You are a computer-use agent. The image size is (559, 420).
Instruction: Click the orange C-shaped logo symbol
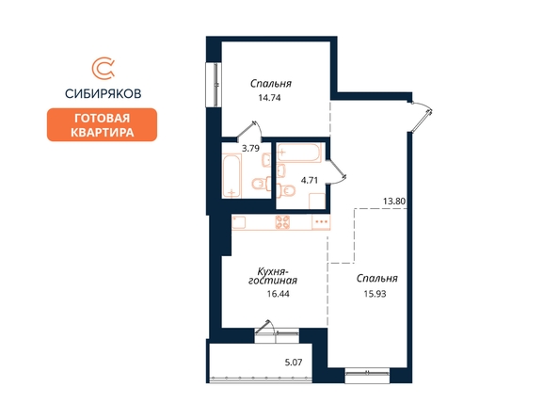103,69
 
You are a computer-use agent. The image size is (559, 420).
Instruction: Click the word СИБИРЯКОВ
103,93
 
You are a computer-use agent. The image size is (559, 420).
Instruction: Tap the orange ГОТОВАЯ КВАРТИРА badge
102,125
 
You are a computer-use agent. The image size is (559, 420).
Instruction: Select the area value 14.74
269,98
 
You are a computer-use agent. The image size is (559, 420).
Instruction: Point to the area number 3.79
250,148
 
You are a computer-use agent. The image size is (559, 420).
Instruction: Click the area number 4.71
309,180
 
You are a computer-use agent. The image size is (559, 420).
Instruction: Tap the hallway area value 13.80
394,202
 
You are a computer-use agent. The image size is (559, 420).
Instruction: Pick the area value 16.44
278,294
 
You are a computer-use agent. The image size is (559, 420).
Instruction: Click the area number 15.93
375,294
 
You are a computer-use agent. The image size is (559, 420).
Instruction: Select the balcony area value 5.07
294,363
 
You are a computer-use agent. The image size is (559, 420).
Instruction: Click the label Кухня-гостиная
273,276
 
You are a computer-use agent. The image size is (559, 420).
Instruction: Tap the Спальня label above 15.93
376,279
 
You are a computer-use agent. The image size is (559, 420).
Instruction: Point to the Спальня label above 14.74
271,84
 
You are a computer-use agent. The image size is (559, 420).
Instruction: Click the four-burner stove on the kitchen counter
282,222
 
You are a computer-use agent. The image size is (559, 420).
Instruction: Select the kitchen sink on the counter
239,222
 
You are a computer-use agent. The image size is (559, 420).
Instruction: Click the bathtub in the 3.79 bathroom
232,176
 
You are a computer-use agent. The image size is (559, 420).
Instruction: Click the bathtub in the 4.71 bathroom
299,153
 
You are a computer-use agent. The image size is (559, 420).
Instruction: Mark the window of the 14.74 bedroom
215,85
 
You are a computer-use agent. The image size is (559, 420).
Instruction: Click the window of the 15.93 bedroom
367,376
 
